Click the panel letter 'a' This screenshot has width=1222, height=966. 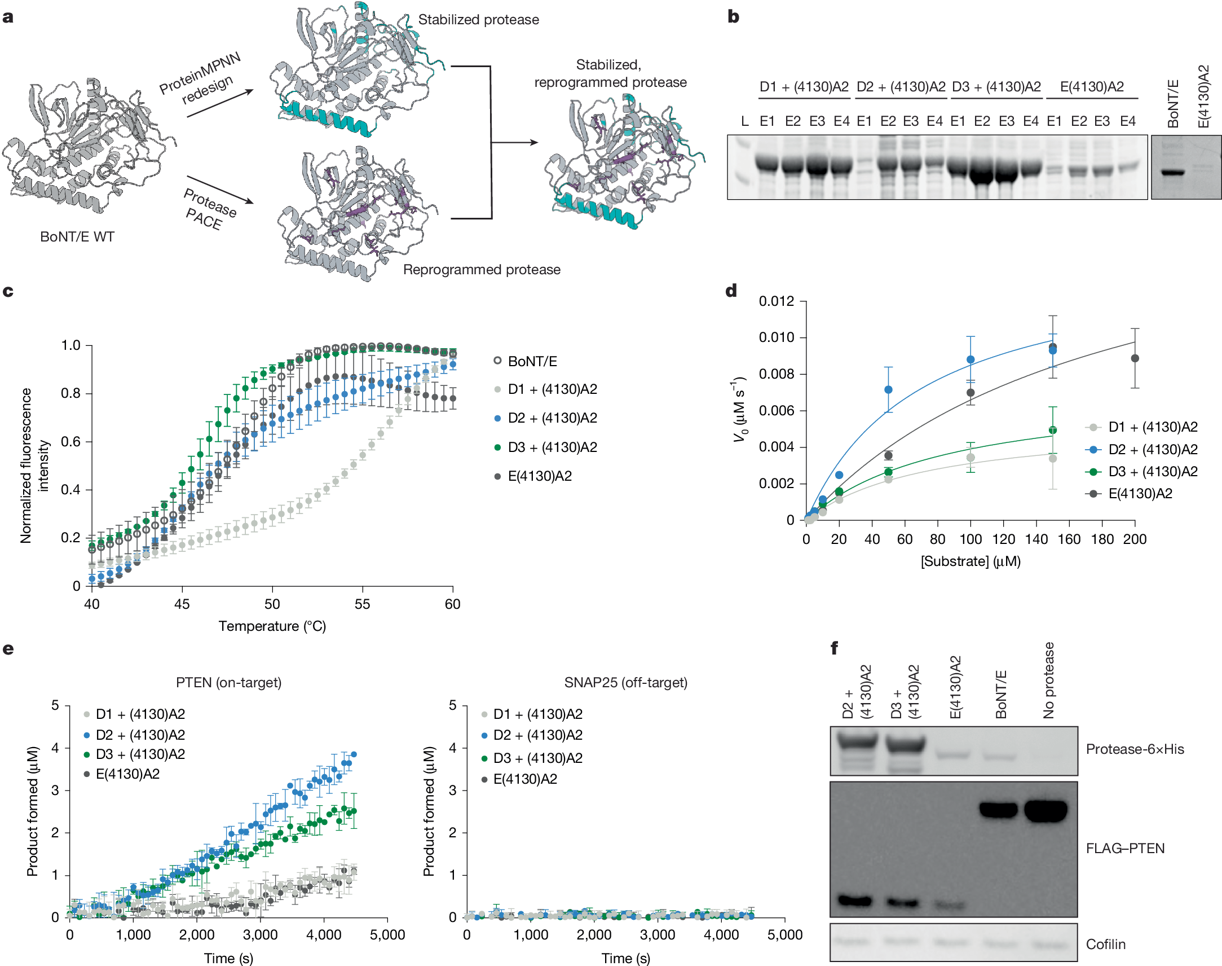8,17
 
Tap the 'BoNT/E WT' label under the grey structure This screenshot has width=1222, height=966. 77,236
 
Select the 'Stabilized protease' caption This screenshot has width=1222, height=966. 478,20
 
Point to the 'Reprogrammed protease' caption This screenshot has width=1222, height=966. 482,270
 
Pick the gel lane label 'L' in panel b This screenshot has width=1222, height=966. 745,121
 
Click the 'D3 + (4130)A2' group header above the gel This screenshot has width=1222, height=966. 996,86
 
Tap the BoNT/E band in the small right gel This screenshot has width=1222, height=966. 1172,173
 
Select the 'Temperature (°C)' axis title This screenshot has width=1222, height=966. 272,626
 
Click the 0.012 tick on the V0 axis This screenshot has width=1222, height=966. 777,301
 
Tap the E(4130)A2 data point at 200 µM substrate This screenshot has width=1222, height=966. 1135,358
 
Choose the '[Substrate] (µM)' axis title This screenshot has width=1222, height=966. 970,561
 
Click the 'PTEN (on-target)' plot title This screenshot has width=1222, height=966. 228,682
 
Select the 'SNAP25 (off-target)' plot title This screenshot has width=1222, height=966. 626,682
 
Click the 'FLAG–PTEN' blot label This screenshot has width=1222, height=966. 1125,849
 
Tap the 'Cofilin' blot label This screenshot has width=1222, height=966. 1106,944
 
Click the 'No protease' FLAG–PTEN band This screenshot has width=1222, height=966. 1045,810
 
